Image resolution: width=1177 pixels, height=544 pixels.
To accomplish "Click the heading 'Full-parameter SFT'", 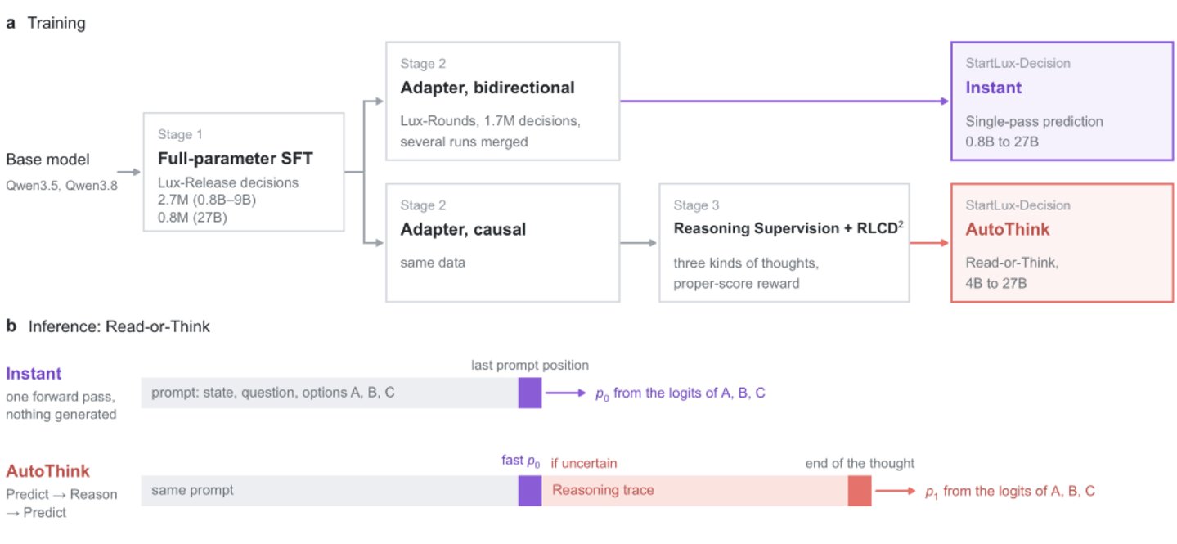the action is coord(235,158).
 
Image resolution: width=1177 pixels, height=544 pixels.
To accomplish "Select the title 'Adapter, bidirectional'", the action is coord(487,88).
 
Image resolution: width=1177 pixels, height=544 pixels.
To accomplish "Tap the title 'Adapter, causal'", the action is coord(463,229).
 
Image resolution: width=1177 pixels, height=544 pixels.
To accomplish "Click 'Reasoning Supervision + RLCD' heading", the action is coord(785,228).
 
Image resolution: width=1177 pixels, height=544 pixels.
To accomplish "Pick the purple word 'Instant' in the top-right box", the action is coord(993,88).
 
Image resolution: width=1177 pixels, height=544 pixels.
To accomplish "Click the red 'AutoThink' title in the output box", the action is coord(1008,229).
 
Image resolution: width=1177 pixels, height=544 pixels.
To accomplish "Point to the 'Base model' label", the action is coord(47,160).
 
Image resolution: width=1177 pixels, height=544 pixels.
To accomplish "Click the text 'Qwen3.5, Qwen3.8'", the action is coord(61,186).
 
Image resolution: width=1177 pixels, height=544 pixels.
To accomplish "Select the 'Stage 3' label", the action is coord(696,205).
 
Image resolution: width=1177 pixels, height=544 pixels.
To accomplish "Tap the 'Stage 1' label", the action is coord(180,134).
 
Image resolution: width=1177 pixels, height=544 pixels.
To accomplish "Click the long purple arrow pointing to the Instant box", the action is coord(784,101).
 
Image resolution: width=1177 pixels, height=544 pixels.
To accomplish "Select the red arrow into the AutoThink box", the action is coord(929,243).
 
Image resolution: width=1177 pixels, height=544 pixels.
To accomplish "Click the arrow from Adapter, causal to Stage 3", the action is coord(639,243).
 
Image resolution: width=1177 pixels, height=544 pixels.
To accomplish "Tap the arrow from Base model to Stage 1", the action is coord(128,172).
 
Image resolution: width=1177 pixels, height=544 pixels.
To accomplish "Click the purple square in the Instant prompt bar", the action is coord(530,393).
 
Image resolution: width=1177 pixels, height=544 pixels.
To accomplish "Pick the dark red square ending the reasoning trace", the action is coord(860,491).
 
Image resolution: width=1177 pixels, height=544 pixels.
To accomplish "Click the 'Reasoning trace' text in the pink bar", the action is coord(603,490).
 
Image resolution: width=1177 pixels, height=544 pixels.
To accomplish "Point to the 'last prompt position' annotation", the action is coord(530,365).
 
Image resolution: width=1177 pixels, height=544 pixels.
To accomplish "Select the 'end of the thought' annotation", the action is coord(860,463).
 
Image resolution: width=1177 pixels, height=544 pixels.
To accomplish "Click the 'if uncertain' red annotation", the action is coord(584,463).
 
